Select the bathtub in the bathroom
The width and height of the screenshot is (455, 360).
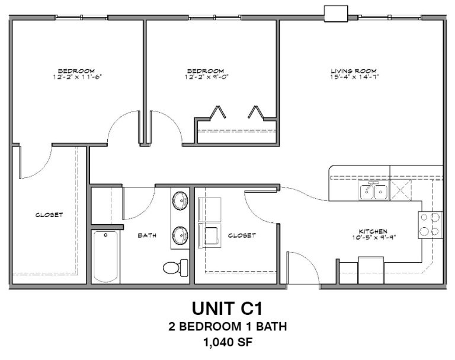[x=106, y=257]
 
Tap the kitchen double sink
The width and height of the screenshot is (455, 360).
[x=374, y=191]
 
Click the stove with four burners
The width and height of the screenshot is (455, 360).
[x=431, y=224]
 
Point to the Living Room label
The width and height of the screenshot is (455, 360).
[x=354, y=71]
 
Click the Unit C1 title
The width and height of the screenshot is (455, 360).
[x=227, y=309]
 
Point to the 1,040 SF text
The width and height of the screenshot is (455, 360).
[x=227, y=342]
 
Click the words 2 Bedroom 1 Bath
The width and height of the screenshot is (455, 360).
[x=227, y=326]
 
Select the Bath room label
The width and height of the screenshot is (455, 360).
[x=147, y=235]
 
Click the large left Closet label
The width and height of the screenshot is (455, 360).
[x=49, y=215]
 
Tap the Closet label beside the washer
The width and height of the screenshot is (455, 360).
[x=242, y=235]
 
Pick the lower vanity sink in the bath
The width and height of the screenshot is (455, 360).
[x=180, y=235]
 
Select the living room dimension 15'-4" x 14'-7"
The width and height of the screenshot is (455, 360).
[x=354, y=77]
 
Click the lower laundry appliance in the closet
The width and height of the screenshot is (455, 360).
[x=210, y=235]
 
